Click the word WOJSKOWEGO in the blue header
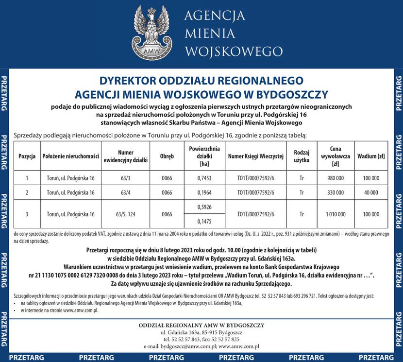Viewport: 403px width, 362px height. [234, 51]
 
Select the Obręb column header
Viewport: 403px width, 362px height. [167, 156]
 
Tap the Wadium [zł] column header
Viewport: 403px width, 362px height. [371, 156]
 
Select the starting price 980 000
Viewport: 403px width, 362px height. [336, 178]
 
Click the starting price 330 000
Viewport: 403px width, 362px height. [336, 192]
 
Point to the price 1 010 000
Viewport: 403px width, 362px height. [336, 214]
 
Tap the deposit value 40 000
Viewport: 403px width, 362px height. [371, 192]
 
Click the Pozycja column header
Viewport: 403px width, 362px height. [27, 156]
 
